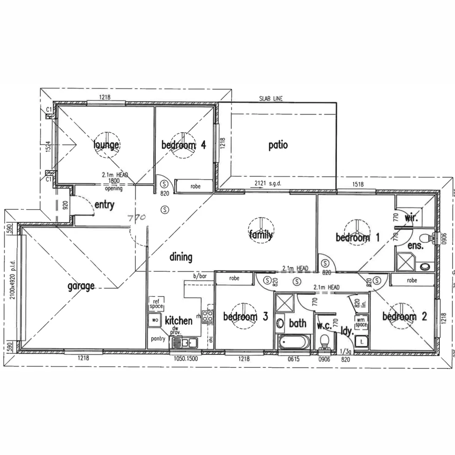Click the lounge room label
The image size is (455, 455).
(106, 145)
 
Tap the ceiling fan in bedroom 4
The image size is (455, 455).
(184, 145)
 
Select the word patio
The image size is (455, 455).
(278, 145)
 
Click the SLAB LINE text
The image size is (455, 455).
(271, 99)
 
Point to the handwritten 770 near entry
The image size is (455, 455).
(137, 217)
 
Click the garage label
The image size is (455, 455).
(81, 286)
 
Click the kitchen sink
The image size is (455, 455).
(183, 343)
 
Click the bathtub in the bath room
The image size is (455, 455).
(293, 342)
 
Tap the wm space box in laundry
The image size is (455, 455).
(361, 322)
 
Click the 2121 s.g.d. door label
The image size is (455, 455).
(265, 184)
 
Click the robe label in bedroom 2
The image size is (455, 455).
(412, 280)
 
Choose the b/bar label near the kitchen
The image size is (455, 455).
(200, 276)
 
